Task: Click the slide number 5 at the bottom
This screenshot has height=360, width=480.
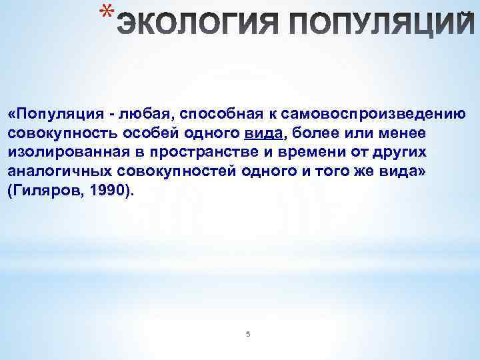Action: pyautogui.click(x=247, y=333)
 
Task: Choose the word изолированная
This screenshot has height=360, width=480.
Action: pyautogui.click(x=64, y=152)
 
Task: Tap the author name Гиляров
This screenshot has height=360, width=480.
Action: pyautogui.click(x=46, y=191)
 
